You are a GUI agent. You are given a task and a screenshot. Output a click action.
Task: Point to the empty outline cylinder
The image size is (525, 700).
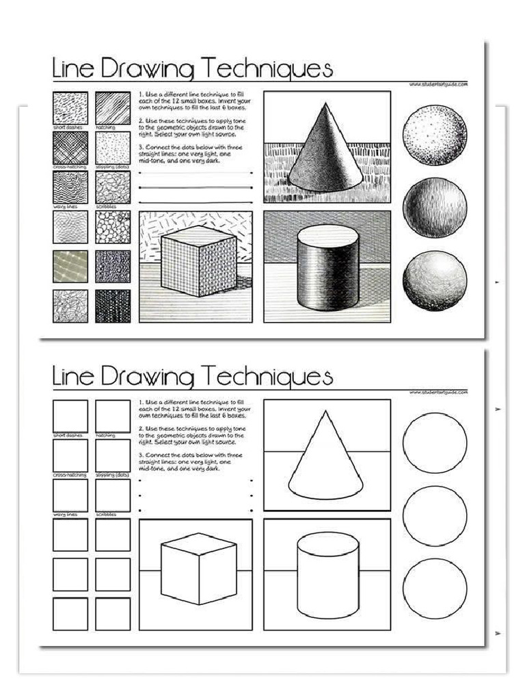click(327, 575)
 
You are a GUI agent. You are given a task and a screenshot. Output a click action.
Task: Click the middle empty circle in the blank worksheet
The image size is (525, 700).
click(435, 516)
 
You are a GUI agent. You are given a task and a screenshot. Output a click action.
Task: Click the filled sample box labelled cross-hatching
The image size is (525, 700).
click(70, 148)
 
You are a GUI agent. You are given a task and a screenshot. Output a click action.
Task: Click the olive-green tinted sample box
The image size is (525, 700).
click(70, 267)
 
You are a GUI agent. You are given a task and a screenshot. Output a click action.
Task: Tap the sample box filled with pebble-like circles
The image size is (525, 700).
click(113, 227)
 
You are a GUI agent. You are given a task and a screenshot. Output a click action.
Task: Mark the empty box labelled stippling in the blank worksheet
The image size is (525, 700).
click(113, 455)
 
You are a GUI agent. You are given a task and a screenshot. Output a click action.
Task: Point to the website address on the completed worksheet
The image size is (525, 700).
click(438, 84)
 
